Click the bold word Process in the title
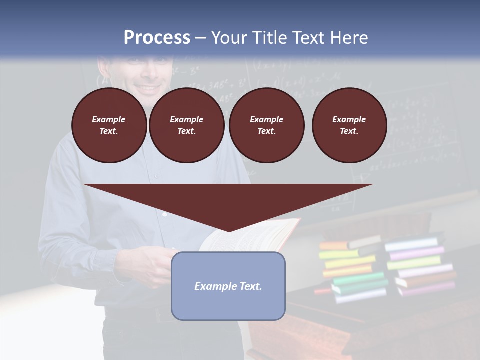(x=157, y=38)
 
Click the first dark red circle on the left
(x=109, y=125)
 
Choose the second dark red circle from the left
(x=186, y=125)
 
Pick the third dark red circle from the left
(x=266, y=125)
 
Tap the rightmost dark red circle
(x=349, y=125)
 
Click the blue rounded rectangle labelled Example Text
(x=228, y=286)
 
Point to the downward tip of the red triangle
(x=228, y=230)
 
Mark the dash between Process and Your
(x=200, y=38)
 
